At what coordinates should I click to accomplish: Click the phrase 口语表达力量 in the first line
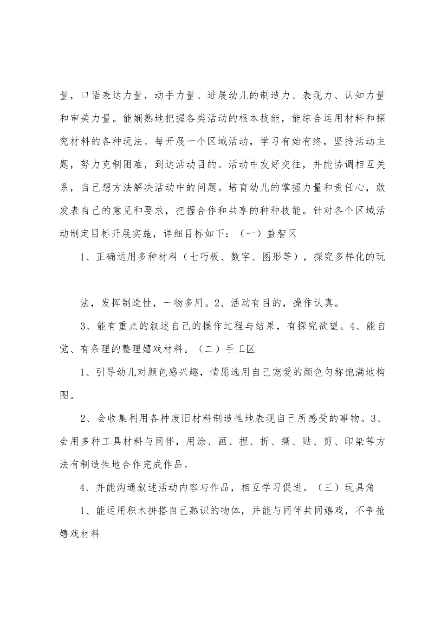click(110, 96)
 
